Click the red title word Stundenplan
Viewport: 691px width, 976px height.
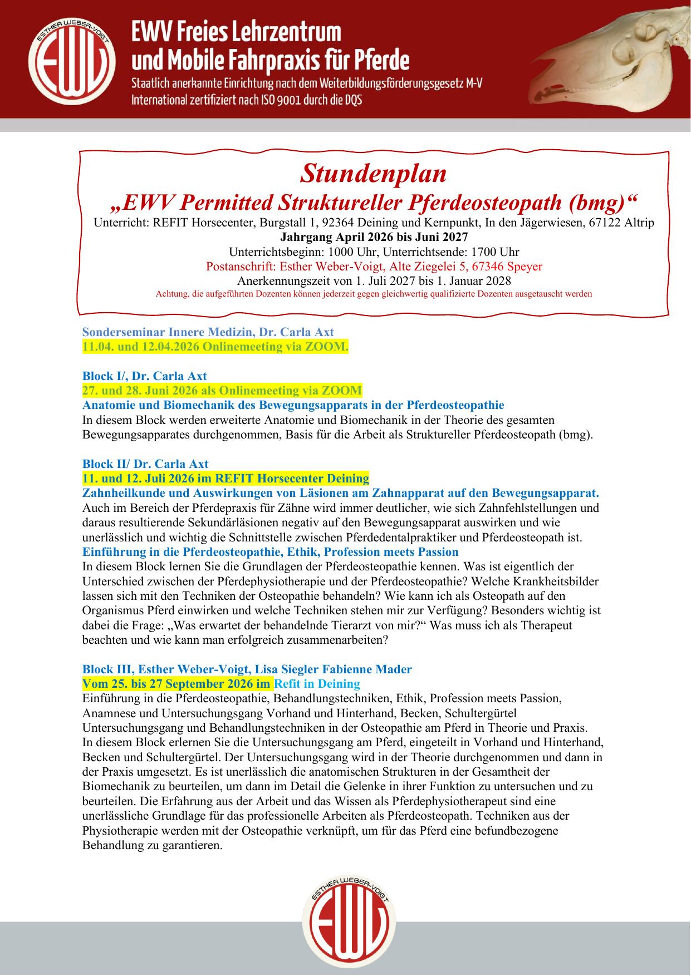coord(373,174)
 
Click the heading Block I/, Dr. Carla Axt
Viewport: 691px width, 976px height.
coord(144,376)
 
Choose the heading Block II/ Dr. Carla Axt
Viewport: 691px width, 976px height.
coord(145,464)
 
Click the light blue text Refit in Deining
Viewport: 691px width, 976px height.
coord(317,684)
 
